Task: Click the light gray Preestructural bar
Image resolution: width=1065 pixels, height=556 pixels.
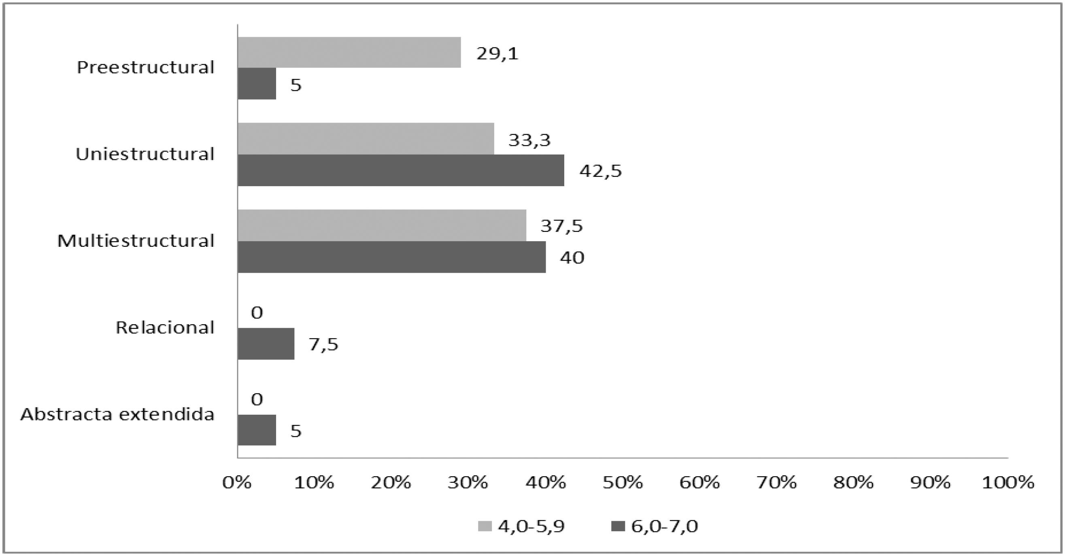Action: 349,53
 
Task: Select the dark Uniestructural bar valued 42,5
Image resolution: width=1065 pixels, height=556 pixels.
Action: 401,170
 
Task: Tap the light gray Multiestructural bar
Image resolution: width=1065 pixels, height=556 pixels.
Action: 382,225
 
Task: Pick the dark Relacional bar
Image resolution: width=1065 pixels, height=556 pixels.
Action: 266,344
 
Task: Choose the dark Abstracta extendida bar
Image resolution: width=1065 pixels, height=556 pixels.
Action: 257,430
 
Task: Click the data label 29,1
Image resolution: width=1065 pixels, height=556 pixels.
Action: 497,54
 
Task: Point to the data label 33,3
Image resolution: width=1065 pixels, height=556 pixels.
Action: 529,140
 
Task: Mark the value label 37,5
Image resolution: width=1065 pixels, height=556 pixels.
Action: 561,226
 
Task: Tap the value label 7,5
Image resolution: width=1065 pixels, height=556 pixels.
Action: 323,345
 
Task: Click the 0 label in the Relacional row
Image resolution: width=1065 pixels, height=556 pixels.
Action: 257,313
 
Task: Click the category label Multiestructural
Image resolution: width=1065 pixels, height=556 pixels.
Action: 136,241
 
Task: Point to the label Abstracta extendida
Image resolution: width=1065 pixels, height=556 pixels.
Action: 117,414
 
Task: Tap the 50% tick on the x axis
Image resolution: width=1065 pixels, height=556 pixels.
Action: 623,482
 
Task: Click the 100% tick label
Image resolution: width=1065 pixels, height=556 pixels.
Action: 1008,482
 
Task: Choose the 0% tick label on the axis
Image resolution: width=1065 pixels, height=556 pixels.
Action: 237,482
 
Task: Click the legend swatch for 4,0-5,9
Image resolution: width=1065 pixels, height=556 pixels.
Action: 485,526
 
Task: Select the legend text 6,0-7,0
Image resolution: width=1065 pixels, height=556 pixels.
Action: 664,526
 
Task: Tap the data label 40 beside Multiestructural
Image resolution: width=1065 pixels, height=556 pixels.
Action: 572,258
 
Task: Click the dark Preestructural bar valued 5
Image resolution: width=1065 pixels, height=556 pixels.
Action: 257,84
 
